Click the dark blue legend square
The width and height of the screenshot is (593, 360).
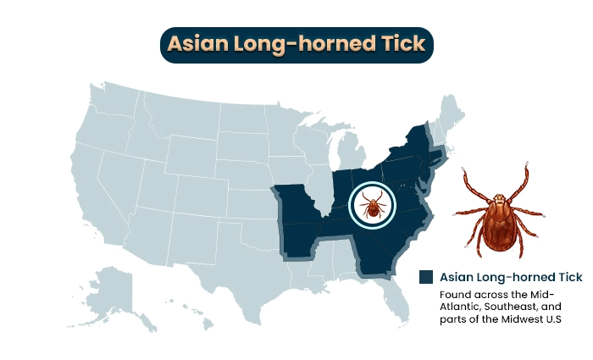point(426,277)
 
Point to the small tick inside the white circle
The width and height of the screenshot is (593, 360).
point(371,205)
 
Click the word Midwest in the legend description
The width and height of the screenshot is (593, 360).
point(516,319)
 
